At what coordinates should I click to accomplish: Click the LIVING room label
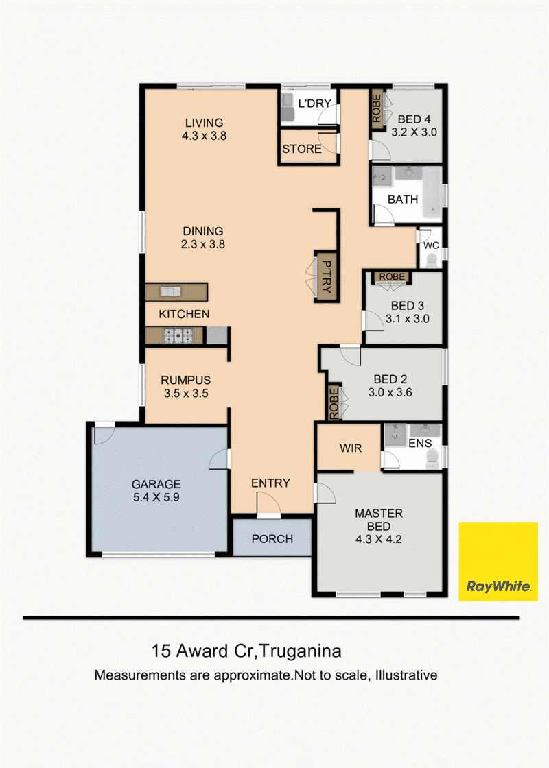[x=204, y=123]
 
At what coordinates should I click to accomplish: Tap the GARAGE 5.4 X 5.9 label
[x=156, y=491]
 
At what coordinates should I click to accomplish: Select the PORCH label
[x=272, y=539]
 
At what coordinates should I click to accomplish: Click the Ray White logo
[x=498, y=562]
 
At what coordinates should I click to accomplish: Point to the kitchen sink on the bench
[x=171, y=292]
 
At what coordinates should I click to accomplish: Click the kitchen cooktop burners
[x=178, y=335]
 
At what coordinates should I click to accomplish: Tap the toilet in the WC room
[x=432, y=260]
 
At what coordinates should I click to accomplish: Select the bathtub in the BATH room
[x=432, y=193]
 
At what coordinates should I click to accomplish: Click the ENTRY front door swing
[x=268, y=504]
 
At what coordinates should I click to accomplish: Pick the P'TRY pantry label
[x=327, y=277]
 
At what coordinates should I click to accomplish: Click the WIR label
[x=351, y=448]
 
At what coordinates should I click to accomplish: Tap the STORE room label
[x=302, y=149]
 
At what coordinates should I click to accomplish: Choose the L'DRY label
[x=315, y=104]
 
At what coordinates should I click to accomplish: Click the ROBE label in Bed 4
[x=377, y=109]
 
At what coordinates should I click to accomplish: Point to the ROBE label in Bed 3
[x=392, y=277]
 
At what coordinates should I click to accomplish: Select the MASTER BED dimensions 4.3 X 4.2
[x=378, y=539]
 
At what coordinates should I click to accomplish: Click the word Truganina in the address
[x=300, y=651]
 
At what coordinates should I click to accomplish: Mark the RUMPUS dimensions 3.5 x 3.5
[x=186, y=394]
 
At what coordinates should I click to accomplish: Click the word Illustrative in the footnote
[x=406, y=675]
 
